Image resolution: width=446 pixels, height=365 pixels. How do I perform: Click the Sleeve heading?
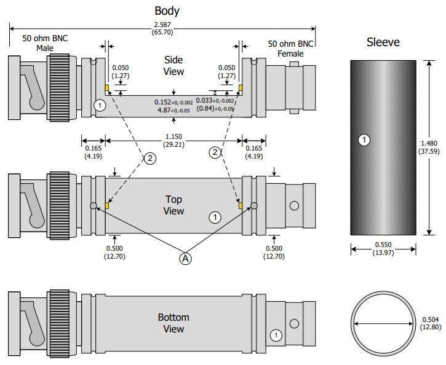(383, 42)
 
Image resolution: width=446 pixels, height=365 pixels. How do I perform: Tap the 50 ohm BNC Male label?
(45, 42)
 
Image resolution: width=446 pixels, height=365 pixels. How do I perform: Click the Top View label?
(174, 205)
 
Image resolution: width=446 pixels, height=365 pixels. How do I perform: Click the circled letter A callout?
(185, 259)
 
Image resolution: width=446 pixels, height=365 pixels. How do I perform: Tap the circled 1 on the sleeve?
(364, 140)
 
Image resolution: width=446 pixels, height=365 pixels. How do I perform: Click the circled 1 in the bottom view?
(277, 335)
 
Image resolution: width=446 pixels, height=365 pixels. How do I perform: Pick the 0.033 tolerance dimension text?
(215, 105)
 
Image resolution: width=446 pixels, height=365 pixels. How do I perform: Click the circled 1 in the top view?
(215, 216)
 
